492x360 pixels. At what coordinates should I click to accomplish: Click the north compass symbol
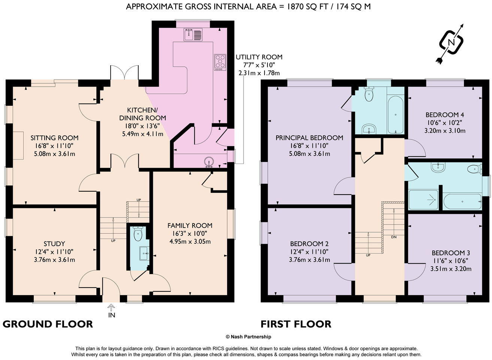click(451, 42)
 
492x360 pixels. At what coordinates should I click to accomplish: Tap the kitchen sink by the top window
click(193, 34)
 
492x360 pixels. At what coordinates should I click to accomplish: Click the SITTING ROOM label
click(54, 138)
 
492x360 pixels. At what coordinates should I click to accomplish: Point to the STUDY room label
click(54, 244)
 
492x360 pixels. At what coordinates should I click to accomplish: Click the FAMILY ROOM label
click(190, 225)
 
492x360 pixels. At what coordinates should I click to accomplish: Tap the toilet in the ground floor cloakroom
click(138, 234)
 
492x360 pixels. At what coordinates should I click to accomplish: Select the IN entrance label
click(112, 315)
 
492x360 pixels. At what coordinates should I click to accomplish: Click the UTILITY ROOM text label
click(259, 57)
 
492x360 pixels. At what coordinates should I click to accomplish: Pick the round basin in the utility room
click(209, 162)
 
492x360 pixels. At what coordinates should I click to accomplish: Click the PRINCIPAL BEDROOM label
click(309, 138)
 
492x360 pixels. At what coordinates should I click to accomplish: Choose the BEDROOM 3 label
click(451, 253)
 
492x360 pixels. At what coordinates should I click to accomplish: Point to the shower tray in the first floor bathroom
click(423, 199)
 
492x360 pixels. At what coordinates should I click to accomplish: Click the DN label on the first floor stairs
click(394, 237)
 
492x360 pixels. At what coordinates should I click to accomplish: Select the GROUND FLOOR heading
click(48, 324)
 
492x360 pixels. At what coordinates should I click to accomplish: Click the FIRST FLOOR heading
click(296, 324)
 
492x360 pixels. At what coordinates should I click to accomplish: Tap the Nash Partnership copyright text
click(248, 337)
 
